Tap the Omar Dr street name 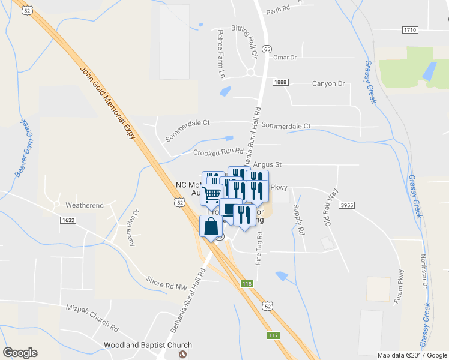point(285,57)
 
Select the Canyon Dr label point(328,83)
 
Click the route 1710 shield point(409,29)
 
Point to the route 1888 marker point(280,82)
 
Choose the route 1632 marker point(68,220)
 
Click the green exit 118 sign point(247,284)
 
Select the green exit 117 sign point(273,335)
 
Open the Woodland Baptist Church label point(148,345)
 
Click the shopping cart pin point(211,194)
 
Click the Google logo point(20,353)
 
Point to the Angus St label point(267,164)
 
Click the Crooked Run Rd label point(218,151)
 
